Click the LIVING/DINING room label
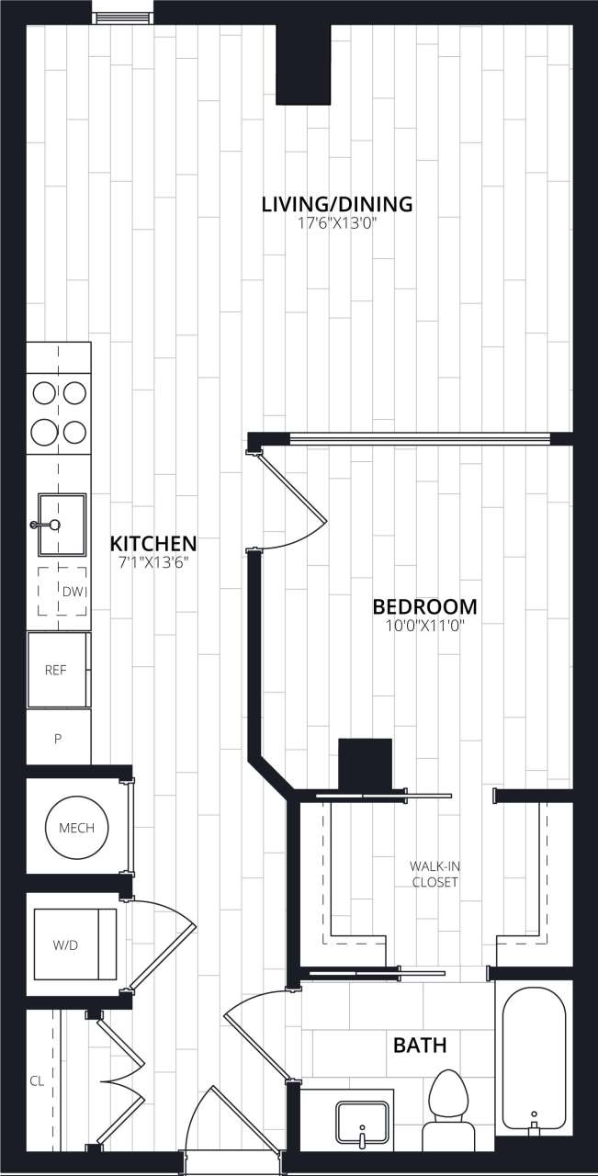[x=337, y=204]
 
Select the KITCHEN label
[x=153, y=542]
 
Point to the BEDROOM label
[x=424, y=606]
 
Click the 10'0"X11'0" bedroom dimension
[x=424, y=627]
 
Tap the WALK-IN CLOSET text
[x=434, y=874]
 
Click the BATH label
[x=420, y=1045]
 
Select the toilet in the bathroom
[x=448, y=1102]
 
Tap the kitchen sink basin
[x=62, y=525]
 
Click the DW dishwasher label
[x=74, y=591]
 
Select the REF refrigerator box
[x=57, y=670]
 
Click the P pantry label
[x=57, y=738]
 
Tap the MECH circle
[x=76, y=828]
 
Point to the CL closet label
[x=37, y=1081]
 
